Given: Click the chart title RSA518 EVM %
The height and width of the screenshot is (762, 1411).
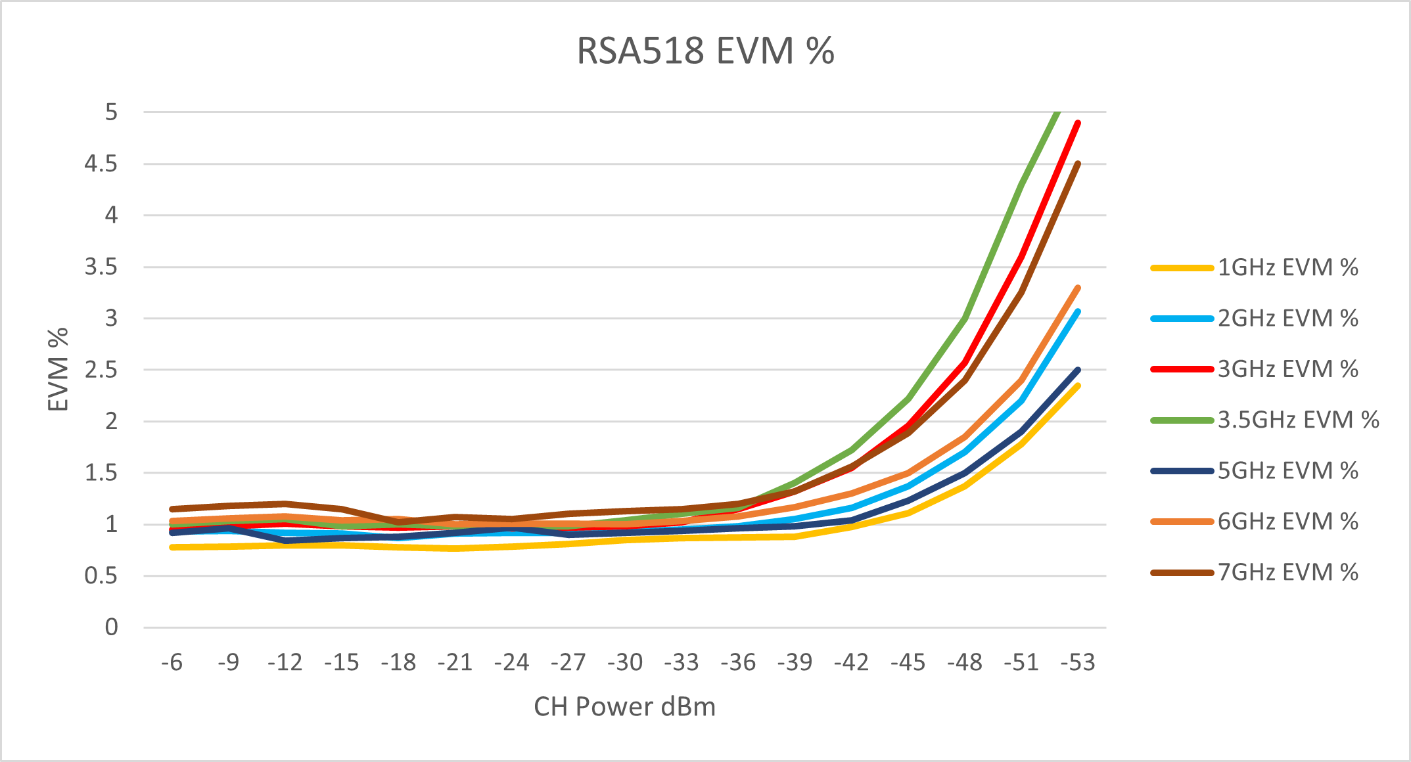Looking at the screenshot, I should coord(705,51).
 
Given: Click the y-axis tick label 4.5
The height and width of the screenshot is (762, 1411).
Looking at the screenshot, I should coord(101,164).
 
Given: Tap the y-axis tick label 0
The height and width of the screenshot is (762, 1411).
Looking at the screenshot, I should coord(111,627).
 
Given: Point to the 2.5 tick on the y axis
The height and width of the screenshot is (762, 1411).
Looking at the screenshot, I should coord(101,370).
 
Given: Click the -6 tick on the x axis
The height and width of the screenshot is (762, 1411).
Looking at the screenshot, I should coord(172,662).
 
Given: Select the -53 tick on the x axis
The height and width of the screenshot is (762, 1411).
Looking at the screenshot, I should coord(1078,662).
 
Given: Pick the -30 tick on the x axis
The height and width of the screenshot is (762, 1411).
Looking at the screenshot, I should coord(625,662).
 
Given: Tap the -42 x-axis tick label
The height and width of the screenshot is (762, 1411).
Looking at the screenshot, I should coord(852,662).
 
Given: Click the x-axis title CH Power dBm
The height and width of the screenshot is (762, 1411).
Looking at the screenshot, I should coord(624,707).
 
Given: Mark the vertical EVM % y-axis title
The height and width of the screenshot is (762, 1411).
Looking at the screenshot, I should coord(58,369).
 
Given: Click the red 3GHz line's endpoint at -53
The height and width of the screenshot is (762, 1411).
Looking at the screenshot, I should coord(1078,123).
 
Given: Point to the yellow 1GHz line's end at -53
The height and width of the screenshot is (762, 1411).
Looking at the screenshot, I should coord(1078,386).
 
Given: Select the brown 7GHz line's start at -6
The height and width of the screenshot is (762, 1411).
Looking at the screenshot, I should coord(172,509).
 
